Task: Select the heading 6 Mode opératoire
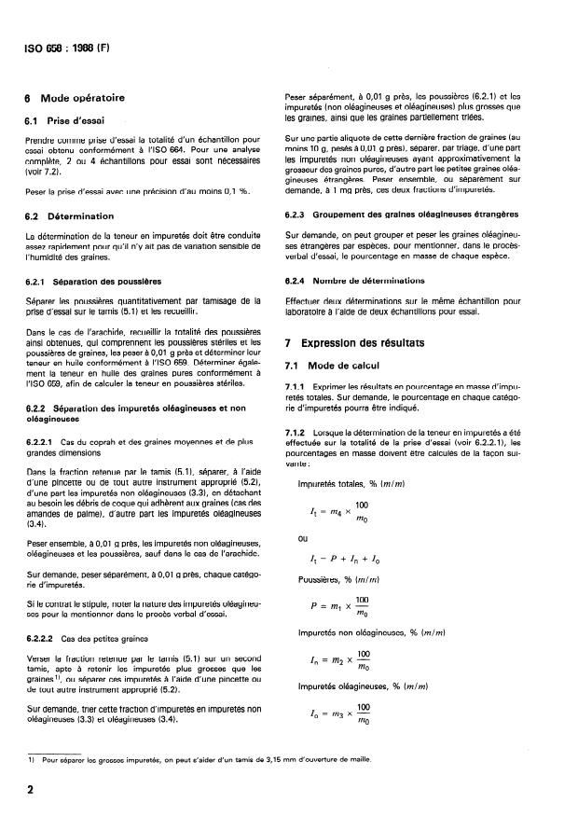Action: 72,98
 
